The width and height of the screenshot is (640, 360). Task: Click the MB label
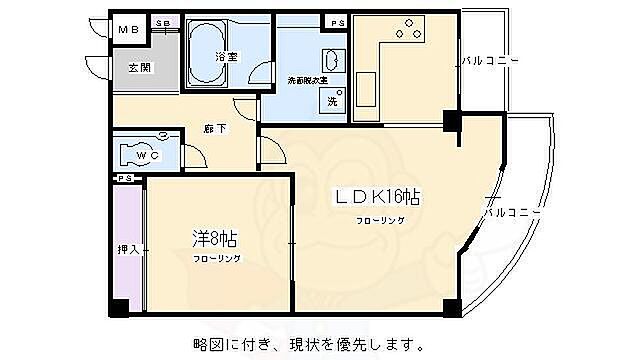tap(128, 31)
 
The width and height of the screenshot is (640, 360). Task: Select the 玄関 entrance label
tap(138, 68)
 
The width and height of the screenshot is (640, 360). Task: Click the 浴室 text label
tap(226, 57)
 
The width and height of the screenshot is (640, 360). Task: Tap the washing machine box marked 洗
tap(331, 100)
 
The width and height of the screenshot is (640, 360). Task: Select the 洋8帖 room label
tap(214, 239)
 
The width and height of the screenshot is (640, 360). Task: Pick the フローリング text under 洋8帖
tap(217, 258)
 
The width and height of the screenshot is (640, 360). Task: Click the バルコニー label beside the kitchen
tap(490, 62)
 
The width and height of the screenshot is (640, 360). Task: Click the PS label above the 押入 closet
tap(124, 178)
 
